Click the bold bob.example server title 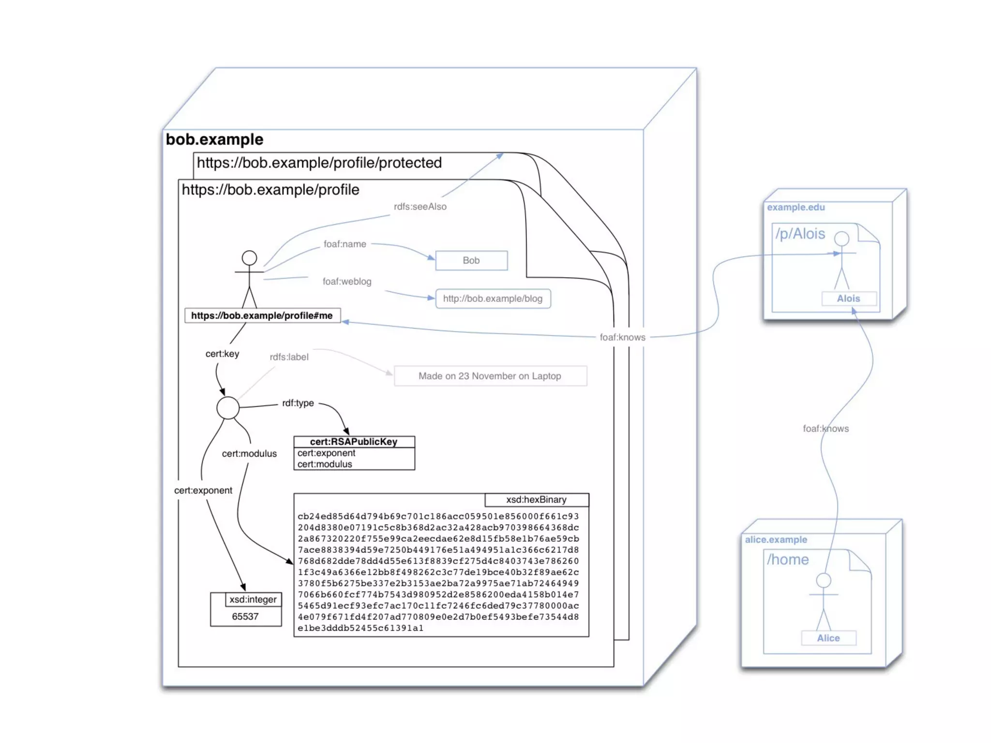pos(214,139)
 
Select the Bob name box pos(471,260)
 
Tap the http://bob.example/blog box pos(493,298)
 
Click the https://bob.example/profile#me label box pos(262,315)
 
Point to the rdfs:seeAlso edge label pos(420,207)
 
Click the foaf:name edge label pos(345,244)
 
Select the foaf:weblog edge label pos(347,282)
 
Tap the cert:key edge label pos(222,354)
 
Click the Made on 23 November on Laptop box pos(490,376)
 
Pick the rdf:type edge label pos(298,403)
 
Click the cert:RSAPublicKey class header pos(354,442)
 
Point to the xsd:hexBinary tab pos(536,500)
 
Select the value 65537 pos(245,616)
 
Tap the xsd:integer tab pos(253,599)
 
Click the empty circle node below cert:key pos(228,408)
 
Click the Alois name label pos(848,298)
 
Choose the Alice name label pos(828,638)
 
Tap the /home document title pos(788,560)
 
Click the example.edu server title pos(796,207)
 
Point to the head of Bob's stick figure pos(249,257)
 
